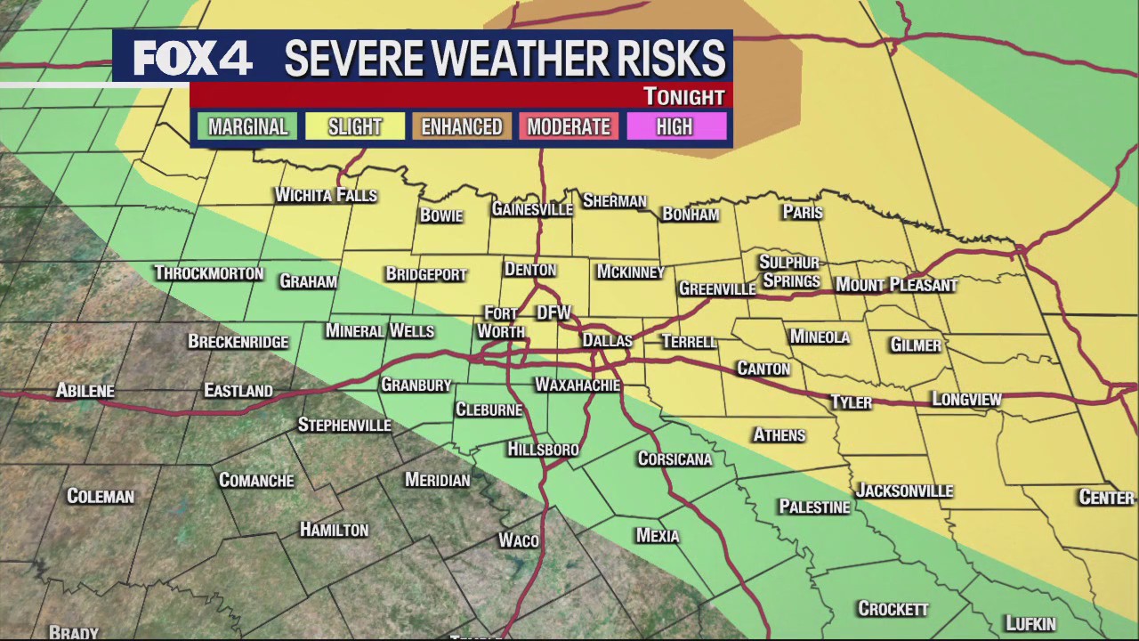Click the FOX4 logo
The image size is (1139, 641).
point(192,59)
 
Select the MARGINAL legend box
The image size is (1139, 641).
point(247,127)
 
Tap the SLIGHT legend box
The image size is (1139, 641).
point(354,127)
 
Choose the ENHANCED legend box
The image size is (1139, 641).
point(461,127)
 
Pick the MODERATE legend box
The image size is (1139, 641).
point(568,127)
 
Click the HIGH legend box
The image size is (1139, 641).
point(675,127)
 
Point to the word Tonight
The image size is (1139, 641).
point(683,96)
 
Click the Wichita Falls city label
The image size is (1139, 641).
point(326,195)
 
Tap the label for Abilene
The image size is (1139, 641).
point(85,391)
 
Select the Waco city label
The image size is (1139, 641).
point(518,540)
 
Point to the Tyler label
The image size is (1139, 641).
point(851,402)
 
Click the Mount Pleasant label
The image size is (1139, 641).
point(895,285)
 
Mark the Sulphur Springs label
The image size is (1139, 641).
point(788,272)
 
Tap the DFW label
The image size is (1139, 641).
point(553,312)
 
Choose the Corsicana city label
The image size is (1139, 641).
point(675,459)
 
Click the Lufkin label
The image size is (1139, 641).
point(1030,624)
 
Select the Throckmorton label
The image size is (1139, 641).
point(208,273)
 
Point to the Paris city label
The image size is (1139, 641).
point(802,212)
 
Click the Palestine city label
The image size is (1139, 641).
point(814,507)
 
